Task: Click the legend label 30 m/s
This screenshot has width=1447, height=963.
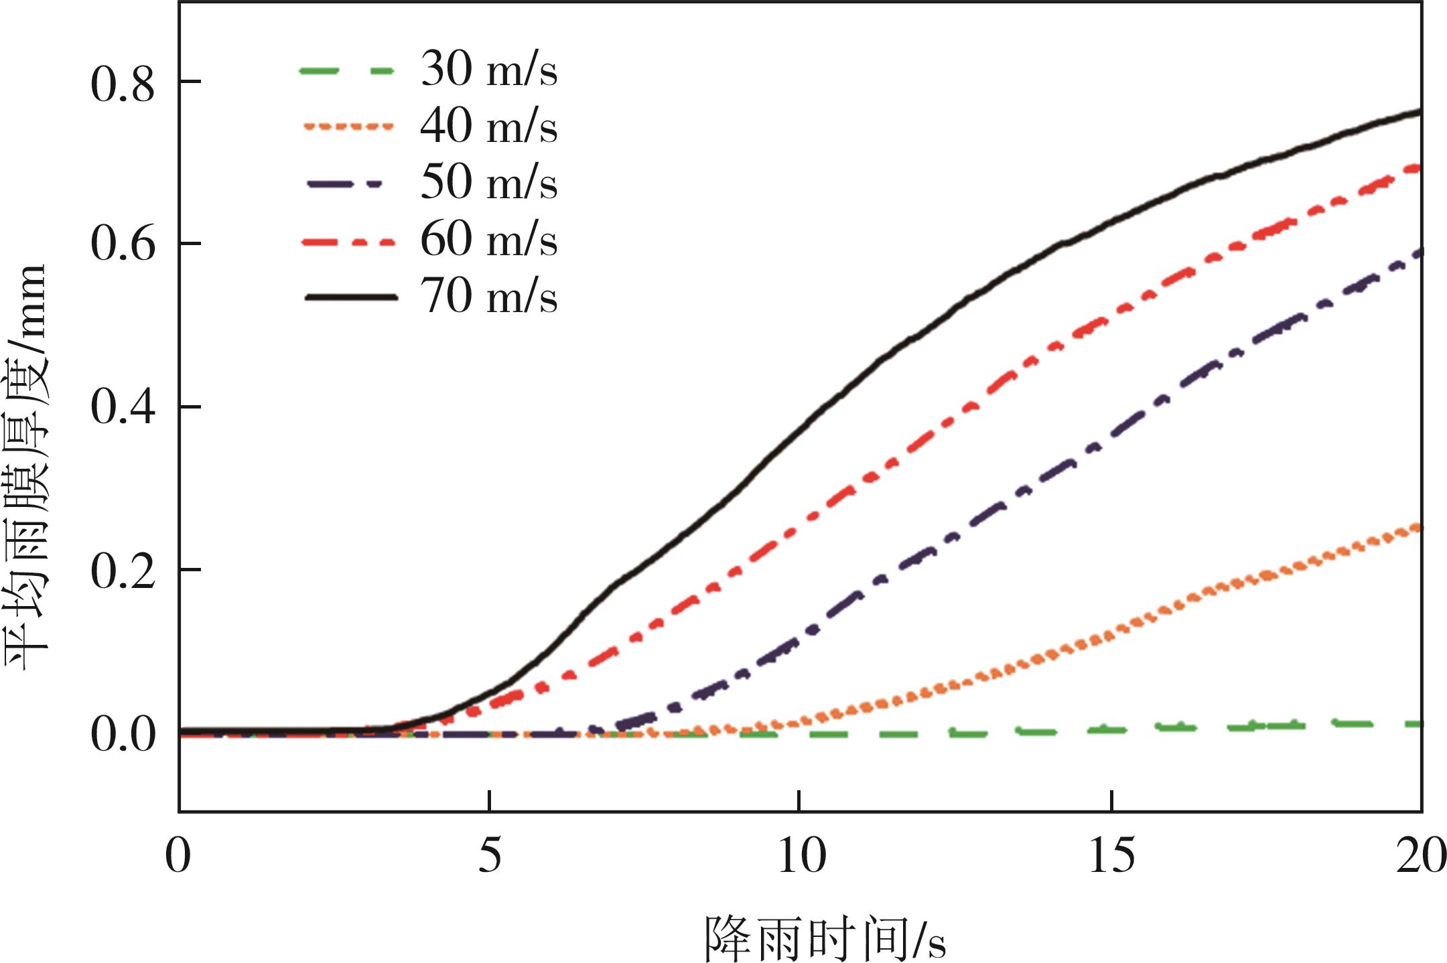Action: [488, 70]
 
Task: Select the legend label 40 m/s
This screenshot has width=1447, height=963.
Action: [488, 127]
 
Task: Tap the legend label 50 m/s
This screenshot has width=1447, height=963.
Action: [488, 183]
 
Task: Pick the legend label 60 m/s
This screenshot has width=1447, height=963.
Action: [488, 240]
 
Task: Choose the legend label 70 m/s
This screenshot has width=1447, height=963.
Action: [488, 296]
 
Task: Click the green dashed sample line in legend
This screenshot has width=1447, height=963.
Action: [346, 70]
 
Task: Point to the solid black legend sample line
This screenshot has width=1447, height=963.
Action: [350, 297]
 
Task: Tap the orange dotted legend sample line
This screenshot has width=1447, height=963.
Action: [348, 127]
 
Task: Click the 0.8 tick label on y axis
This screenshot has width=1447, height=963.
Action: [123, 85]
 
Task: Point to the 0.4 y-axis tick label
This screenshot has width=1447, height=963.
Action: [123, 406]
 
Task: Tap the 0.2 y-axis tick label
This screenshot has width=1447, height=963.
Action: [123, 571]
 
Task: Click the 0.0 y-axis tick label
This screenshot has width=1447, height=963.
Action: [123, 734]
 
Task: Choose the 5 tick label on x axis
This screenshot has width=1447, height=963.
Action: [490, 856]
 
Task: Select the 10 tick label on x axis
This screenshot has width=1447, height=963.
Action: [801, 856]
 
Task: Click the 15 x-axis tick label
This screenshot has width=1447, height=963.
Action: [1111, 856]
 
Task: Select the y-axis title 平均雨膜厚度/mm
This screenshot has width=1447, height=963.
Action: [27, 467]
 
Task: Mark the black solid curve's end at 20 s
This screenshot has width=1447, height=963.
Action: [1419, 112]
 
